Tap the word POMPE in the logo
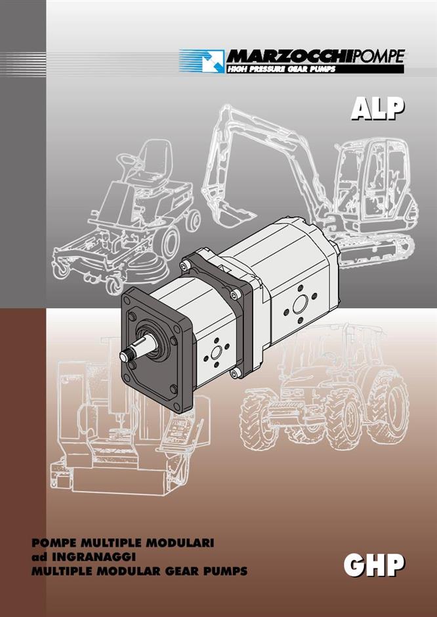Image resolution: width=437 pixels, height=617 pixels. click(x=377, y=56)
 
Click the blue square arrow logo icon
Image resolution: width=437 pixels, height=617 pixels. click(x=213, y=61)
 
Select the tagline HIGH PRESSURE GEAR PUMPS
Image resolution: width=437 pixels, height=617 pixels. click(x=281, y=69)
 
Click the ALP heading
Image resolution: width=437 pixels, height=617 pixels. click(x=377, y=108)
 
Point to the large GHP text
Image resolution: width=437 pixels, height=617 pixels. click(x=374, y=565)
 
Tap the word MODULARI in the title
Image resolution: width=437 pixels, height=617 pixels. click(x=180, y=543)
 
